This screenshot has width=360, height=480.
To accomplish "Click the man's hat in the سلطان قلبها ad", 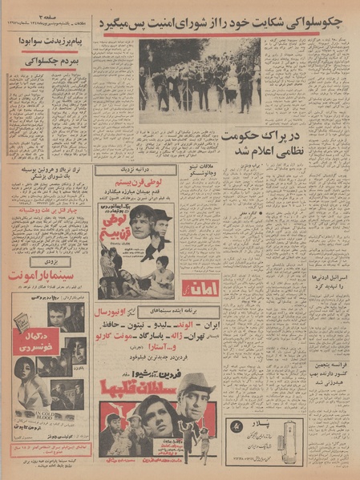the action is (195, 381).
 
